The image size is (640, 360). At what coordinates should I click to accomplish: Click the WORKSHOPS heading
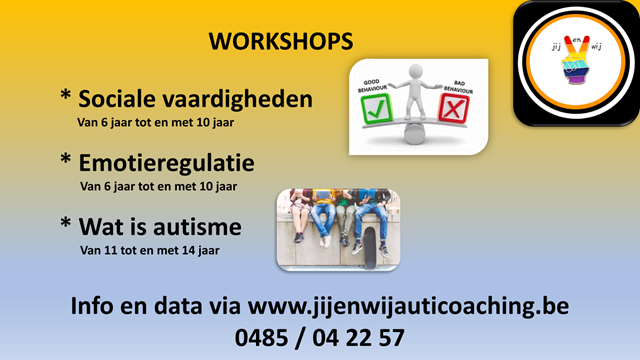281,41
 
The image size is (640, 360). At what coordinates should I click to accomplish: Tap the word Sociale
117,99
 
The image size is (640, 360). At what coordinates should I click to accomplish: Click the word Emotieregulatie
167,164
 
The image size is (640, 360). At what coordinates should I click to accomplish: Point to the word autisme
197,227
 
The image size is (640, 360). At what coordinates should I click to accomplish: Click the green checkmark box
376,108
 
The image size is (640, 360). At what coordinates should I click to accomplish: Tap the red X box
453,108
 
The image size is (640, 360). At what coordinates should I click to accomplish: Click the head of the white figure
416,71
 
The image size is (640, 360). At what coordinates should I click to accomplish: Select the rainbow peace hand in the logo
576,60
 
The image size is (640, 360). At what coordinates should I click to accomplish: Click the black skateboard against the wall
370,248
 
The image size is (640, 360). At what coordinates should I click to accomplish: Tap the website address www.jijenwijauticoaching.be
408,306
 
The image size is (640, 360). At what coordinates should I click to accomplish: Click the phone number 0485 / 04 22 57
320,338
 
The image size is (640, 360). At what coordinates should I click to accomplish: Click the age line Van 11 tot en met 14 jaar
150,250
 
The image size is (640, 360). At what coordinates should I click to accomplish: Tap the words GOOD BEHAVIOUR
372,85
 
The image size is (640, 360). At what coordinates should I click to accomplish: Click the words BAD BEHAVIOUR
459,87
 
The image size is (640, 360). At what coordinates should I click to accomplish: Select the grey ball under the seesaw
415,133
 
